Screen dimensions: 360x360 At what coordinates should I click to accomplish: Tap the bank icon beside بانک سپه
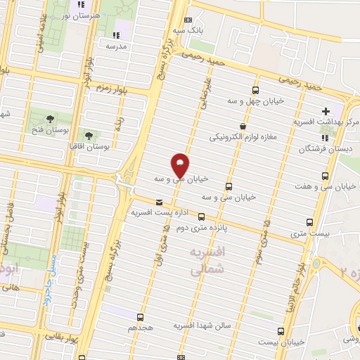[187, 20]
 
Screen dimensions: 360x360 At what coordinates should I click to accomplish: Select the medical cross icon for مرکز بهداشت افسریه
[326, 111]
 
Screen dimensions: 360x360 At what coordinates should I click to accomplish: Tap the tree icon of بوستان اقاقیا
[89, 136]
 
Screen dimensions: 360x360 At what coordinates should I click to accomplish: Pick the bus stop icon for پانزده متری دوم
[202, 217]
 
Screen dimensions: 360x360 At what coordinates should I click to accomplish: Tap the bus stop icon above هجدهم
[140, 317]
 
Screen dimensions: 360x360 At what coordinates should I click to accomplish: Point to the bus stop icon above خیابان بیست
[281, 330]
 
